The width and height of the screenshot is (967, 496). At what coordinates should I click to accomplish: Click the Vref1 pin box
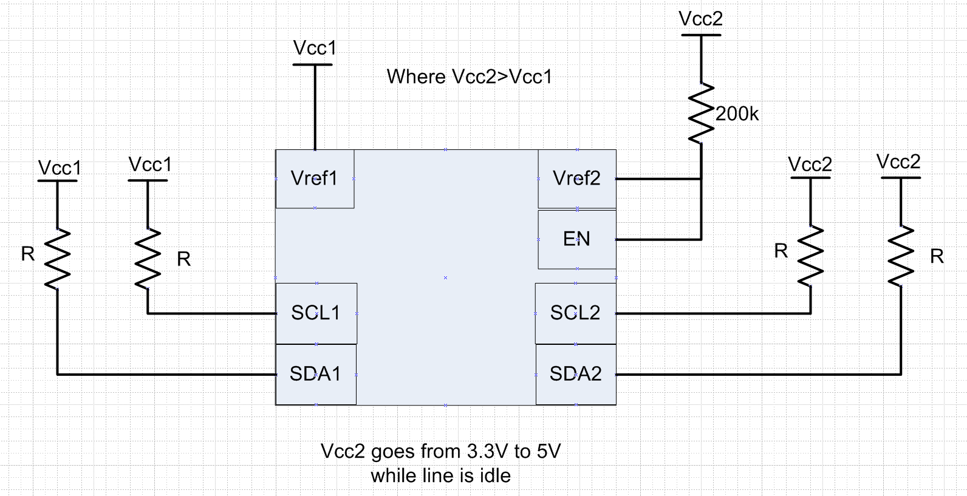[x=315, y=178]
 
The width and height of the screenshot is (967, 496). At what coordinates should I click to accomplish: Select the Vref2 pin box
[x=576, y=178]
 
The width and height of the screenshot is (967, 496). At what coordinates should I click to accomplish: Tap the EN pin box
[x=576, y=239]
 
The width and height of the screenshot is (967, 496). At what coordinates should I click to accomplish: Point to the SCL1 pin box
[x=316, y=313]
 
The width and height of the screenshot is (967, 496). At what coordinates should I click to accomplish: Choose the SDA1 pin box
[x=315, y=374]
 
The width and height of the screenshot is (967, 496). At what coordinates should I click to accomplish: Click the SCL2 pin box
[x=575, y=313]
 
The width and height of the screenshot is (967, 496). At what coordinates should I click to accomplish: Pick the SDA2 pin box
[x=575, y=374]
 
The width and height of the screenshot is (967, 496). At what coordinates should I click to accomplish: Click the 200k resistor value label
[x=737, y=114]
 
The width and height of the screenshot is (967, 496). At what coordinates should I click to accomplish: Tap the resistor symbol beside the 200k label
[x=702, y=113]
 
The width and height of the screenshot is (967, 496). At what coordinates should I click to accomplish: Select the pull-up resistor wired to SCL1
[x=148, y=259]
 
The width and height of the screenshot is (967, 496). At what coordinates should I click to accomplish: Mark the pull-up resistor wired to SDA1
[x=58, y=259]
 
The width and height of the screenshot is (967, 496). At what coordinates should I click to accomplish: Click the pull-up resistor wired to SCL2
[x=810, y=256]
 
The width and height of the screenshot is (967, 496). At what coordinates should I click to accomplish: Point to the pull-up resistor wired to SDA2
[x=900, y=256]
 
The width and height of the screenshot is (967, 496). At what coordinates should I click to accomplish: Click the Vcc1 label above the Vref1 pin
[x=315, y=48]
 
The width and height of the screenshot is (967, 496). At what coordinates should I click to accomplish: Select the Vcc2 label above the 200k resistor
[x=701, y=19]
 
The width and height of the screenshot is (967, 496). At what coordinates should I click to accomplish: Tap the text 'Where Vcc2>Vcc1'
[x=470, y=77]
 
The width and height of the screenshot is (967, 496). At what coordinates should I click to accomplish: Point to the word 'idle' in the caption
[x=494, y=476]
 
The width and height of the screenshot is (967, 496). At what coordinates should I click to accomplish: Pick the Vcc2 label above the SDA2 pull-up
[x=898, y=161]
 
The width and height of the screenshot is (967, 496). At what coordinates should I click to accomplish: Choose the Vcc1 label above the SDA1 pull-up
[x=60, y=168]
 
